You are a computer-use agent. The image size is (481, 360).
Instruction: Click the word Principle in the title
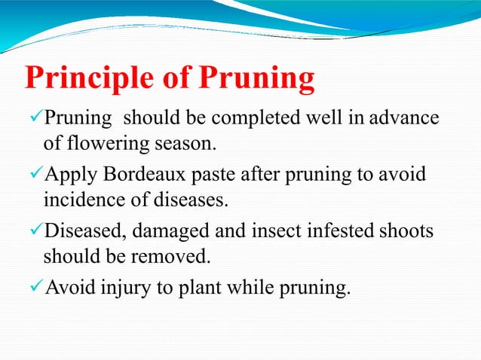pyautogui.click(x=89, y=80)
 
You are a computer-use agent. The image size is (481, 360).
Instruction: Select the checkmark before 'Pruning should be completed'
pyautogui.click(x=35, y=118)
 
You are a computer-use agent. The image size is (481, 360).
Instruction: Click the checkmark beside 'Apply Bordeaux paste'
pyautogui.click(x=35, y=175)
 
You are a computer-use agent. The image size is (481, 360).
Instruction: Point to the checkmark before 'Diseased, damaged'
pyautogui.click(x=35, y=230)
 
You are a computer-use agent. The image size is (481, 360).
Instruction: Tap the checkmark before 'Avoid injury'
pyautogui.click(x=35, y=287)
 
